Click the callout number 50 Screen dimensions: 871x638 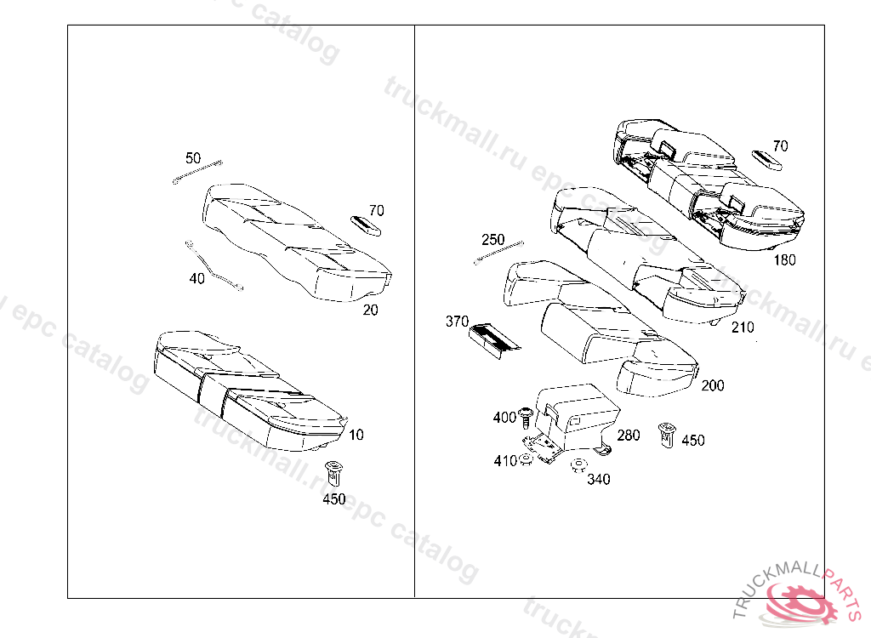(193, 158)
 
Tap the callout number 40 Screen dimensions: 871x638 (196, 278)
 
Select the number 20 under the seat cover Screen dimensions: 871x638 (370, 310)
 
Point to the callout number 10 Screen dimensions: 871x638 (356, 435)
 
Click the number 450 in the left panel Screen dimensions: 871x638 (334, 499)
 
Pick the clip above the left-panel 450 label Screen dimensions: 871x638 (334, 471)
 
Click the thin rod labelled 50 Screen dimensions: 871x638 (197, 171)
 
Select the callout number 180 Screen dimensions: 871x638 (784, 259)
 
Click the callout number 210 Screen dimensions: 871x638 (742, 327)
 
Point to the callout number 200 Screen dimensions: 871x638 (713, 385)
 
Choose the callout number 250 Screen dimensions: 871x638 (493, 240)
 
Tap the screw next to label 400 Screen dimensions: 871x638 (527, 417)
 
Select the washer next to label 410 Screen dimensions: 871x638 (527, 460)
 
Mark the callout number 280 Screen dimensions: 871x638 (629, 436)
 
